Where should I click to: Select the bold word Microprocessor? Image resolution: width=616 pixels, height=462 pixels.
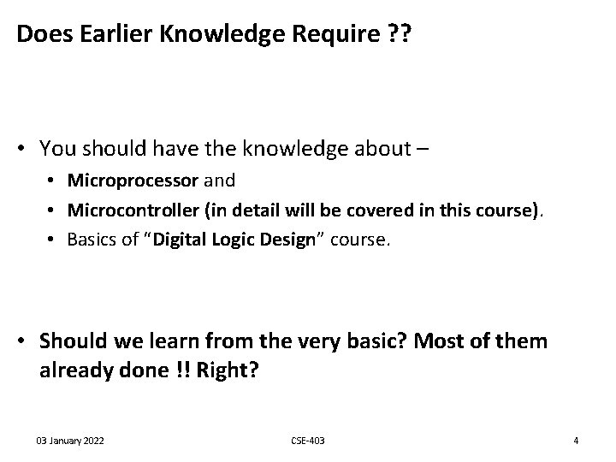tap(133, 181)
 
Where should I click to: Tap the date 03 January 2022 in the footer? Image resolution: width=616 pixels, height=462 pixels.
tap(70, 441)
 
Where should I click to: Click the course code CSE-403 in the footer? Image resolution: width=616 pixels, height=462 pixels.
tap(308, 441)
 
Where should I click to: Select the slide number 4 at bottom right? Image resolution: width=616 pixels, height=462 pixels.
tap(576, 441)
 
